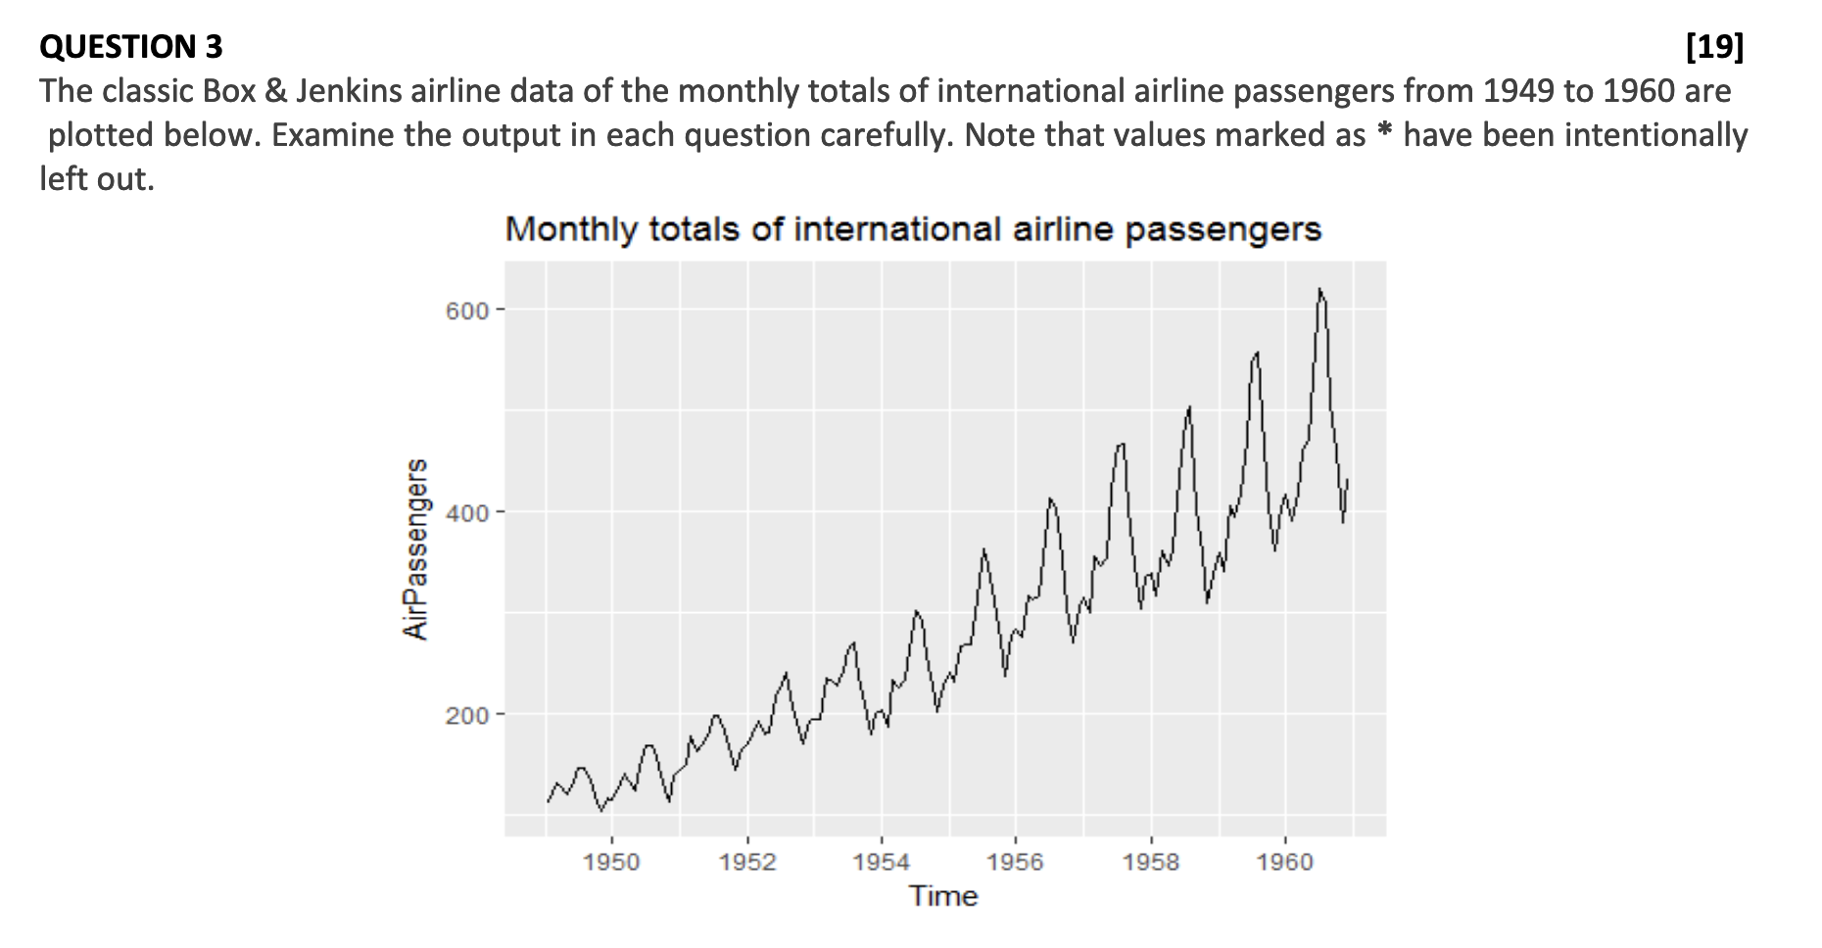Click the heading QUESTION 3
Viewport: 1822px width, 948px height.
click(131, 46)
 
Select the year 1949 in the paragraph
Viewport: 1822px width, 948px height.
click(1519, 91)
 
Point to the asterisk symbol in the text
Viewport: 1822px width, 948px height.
click(1384, 135)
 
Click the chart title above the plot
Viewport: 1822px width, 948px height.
click(913, 229)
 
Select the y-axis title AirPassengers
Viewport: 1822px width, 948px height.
click(416, 549)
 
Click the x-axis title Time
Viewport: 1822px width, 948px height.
click(943, 896)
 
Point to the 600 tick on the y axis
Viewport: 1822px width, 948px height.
click(468, 310)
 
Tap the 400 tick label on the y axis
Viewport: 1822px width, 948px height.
click(468, 512)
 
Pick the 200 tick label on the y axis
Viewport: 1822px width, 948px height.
click(468, 715)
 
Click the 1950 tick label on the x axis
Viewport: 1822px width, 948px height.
click(611, 862)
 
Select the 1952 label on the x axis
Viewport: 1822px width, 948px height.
click(746, 862)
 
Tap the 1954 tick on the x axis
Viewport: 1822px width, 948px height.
click(882, 862)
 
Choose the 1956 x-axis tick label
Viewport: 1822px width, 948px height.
click(1016, 862)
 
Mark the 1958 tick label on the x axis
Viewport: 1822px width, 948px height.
click(1151, 862)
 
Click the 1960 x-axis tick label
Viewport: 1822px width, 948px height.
click(1286, 862)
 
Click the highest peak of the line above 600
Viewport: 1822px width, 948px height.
click(1319, 290)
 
